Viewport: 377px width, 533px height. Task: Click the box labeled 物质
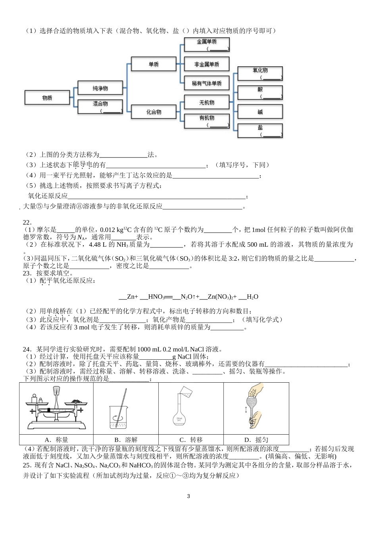point(47,98)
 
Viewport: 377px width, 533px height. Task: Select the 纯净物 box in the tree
point(100,88)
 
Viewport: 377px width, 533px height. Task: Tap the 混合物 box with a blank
point(100,106)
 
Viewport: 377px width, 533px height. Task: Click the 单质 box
point(154,64)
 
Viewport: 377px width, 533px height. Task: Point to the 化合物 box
point(154,112)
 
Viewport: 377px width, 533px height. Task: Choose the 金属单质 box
point(207,44)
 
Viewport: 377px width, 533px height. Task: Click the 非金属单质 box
point(207,64)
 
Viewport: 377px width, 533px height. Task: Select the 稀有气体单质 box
point(207,83)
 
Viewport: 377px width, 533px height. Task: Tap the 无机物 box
point(207,102)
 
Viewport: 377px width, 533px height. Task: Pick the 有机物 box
point(207,121)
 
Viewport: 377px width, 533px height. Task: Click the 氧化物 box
point(260,73)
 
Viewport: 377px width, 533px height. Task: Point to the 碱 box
point(260,112)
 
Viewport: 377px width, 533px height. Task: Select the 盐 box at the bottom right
point(260,130)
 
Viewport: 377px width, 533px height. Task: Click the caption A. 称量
point(56,440)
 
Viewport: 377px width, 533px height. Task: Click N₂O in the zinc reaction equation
point(187,297)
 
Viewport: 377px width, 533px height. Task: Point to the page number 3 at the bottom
point(188,496)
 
